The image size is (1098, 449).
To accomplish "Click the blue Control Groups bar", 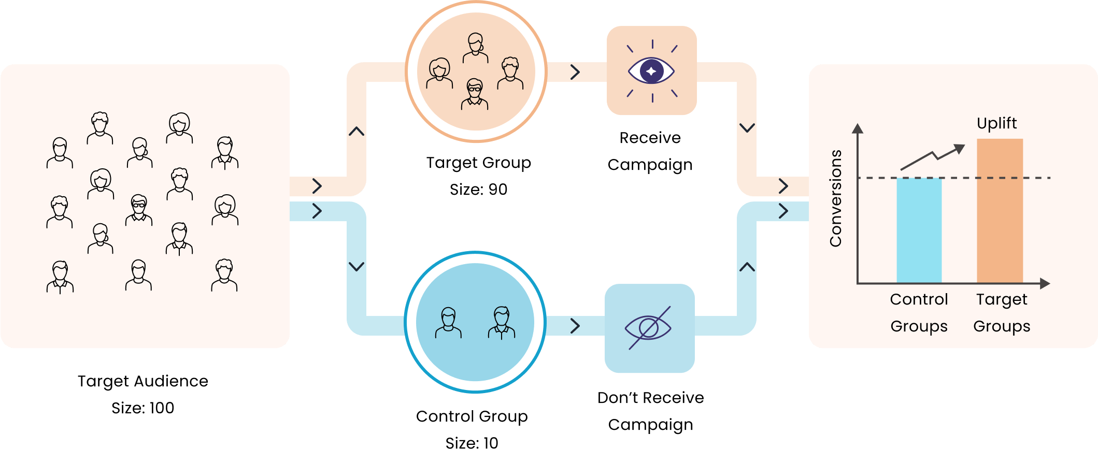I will (x=919, y=230).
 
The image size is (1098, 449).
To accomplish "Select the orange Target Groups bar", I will (x=1000, y=211).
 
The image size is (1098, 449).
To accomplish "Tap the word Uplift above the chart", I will (x=996, y=123).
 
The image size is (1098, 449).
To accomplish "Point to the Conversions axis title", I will (x=835, y=198).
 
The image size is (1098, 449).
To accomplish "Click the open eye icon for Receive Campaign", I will (x=651, y=71).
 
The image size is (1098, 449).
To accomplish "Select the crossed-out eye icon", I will (x=649, y=328).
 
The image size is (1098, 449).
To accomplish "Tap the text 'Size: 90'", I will (x=478, y=190).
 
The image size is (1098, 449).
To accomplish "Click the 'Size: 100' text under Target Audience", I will (x=142, y=408).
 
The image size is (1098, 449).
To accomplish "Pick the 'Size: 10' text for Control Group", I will (x=472, y=442).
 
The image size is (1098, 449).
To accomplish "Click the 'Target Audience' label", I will (x=142, y=381).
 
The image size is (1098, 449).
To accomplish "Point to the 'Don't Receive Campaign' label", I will (x=650, y=411).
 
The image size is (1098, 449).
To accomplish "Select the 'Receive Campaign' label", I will (x=650, y=151).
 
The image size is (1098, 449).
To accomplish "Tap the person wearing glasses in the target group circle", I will (x=475, y=94).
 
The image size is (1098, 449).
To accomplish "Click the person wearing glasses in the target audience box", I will (x=139, y=210).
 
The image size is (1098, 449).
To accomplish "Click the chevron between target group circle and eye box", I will (x=575, y=72).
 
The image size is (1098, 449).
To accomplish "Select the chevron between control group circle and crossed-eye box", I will (x=575, y=326).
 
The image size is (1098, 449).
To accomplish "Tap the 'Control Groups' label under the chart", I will (x=919, y=313).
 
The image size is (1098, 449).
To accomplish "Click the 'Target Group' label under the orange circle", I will (x=478, y=163).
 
